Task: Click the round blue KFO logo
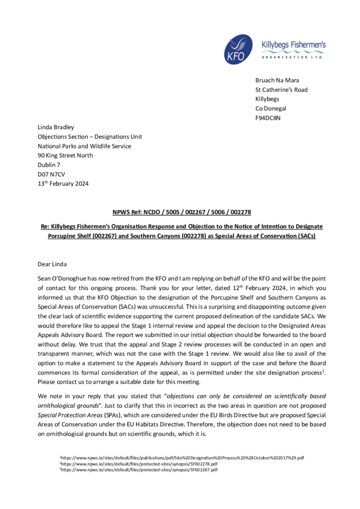click(x=238, y=49)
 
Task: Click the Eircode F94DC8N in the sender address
click(x=268, y=118)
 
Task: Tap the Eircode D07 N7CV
click(x=51, y=174)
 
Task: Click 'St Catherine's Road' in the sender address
click(x=281, y=89)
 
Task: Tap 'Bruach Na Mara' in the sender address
click(x=277, y=80)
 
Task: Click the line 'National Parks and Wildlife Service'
click(x=84, y=146)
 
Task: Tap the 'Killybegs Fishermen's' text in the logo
click(x=294, y=45)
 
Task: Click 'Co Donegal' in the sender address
click(x=271, y=108)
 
